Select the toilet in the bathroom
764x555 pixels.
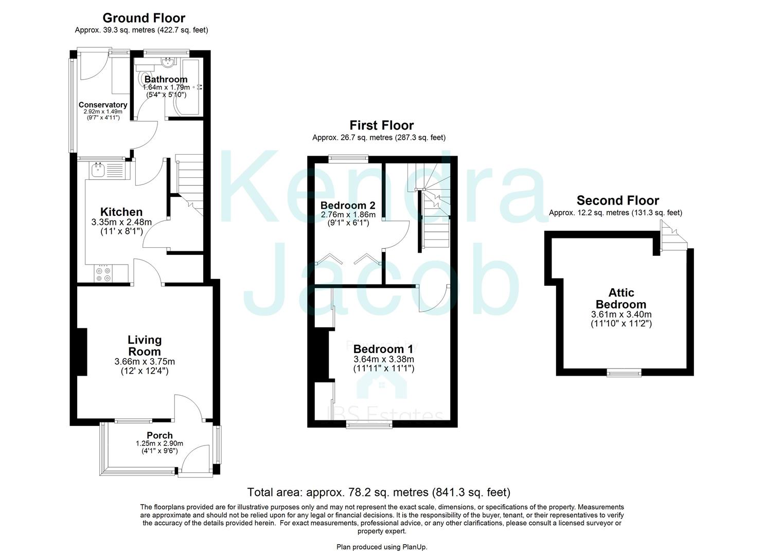pyautogui.click(x=143, y=77)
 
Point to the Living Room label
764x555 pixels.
pyautogui.click(x=145, y=346)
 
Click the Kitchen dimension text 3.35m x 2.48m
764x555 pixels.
pyautogui.click(x=121, y=223)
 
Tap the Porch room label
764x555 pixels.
pyautogui.click(x=159, y=436)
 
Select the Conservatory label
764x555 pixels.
pyautogui.click(x=102, y=105)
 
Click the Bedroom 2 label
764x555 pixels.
pyautogui.click(x=348, y=206)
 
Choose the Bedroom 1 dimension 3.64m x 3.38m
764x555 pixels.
pyautogui.click(x=384, y=359)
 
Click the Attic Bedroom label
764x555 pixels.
pyautogui.click(x=621, y=298)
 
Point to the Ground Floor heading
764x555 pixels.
pyautogui.click(x=144, y=18)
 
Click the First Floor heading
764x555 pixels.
pyautogui.click(x=381, y=125)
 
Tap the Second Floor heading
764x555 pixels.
pyautogui.click(x=617, y=200)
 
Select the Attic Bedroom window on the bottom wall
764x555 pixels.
pyautogui.click(x=624, y=373)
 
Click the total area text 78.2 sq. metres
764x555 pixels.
pyautogui.click(x=379, y=492)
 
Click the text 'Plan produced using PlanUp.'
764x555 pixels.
pyautogui.click(x=382, y=547)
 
